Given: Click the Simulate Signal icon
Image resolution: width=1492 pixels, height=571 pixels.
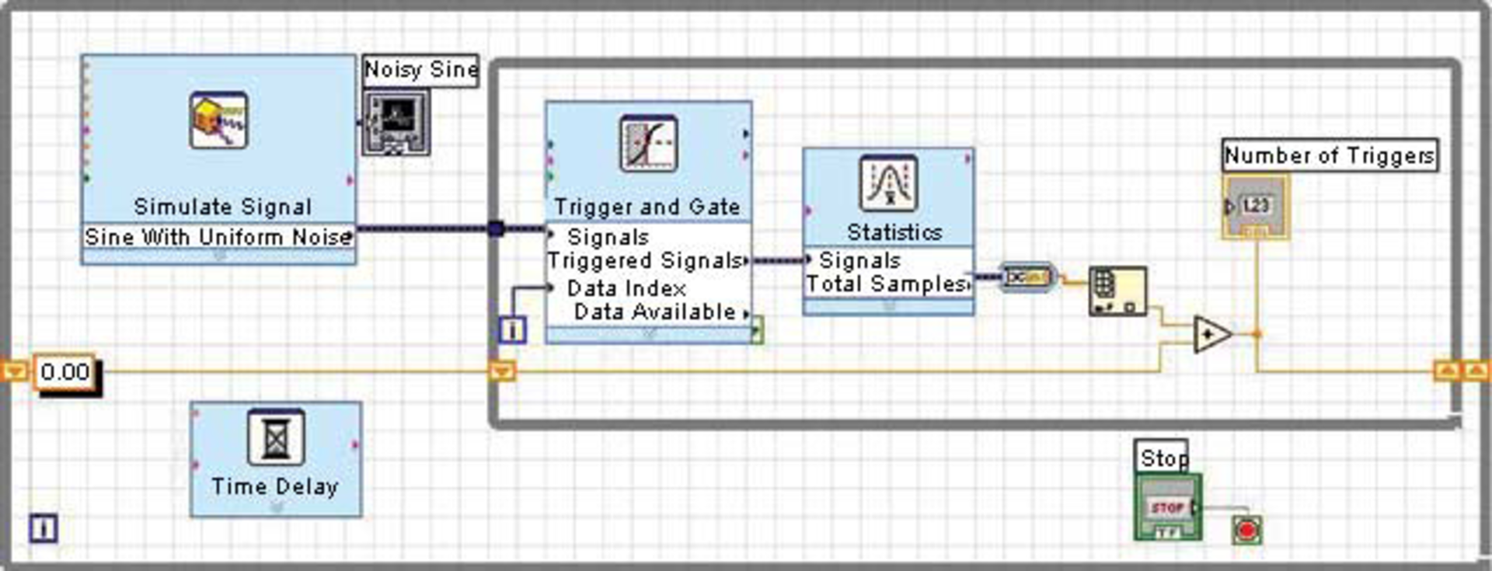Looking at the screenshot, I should click(219, 120).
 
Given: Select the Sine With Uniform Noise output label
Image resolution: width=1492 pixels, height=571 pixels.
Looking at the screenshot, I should click(218, 237).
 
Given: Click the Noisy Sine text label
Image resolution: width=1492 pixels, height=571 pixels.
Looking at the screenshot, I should click(420, 71).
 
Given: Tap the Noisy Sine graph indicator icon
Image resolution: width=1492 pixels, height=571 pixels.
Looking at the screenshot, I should click(396, 122).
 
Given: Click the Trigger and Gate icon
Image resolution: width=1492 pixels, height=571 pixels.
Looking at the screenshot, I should click(648, 144).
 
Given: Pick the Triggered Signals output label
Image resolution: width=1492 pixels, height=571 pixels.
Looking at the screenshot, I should click(645, 261).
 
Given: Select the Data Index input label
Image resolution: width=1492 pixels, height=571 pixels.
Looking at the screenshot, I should click(626, 288).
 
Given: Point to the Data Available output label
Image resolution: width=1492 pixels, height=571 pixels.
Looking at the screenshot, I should click(654, 312).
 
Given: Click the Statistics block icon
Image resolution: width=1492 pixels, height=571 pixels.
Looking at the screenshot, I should click(888, 183).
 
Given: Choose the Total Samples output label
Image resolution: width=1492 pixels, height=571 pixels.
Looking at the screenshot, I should click(886, 284).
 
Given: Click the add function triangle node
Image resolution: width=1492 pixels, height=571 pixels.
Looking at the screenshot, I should click(1211, 335).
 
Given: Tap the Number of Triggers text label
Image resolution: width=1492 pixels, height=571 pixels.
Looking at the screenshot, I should click(1329, 156).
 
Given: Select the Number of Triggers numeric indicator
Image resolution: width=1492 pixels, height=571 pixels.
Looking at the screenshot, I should click(1255, 207).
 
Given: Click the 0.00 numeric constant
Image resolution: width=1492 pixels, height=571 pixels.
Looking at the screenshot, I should click(65, 372).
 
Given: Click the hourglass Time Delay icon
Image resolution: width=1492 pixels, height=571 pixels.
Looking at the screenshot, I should click(275, 437).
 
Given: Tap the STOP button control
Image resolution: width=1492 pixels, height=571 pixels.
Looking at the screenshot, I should click(1166, 508).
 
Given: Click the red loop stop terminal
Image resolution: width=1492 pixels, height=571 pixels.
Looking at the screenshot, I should click(1246, 531).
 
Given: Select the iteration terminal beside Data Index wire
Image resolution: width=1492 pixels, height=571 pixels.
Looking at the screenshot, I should click(512, 330).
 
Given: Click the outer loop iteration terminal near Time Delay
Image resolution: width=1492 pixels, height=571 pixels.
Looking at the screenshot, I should click(44, 529).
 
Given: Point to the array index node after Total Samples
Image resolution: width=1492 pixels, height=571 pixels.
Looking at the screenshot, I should click(1117, 291).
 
